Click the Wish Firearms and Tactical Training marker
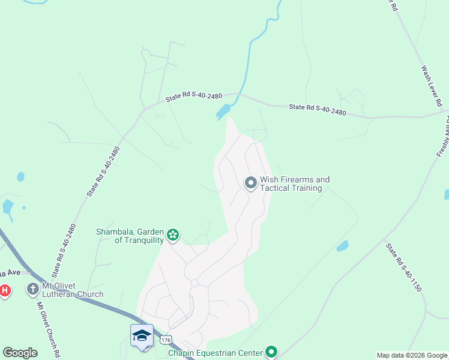250,182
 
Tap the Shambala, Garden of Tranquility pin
173,235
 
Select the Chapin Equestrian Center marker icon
271,352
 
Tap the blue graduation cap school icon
142,335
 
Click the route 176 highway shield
166,340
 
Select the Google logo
20,352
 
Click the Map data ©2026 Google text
411,355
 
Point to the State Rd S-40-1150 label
404,267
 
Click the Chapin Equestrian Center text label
215,353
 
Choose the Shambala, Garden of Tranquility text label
130,236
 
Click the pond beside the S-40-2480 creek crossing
223,112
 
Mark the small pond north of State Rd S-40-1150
342,246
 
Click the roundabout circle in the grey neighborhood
194,282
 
